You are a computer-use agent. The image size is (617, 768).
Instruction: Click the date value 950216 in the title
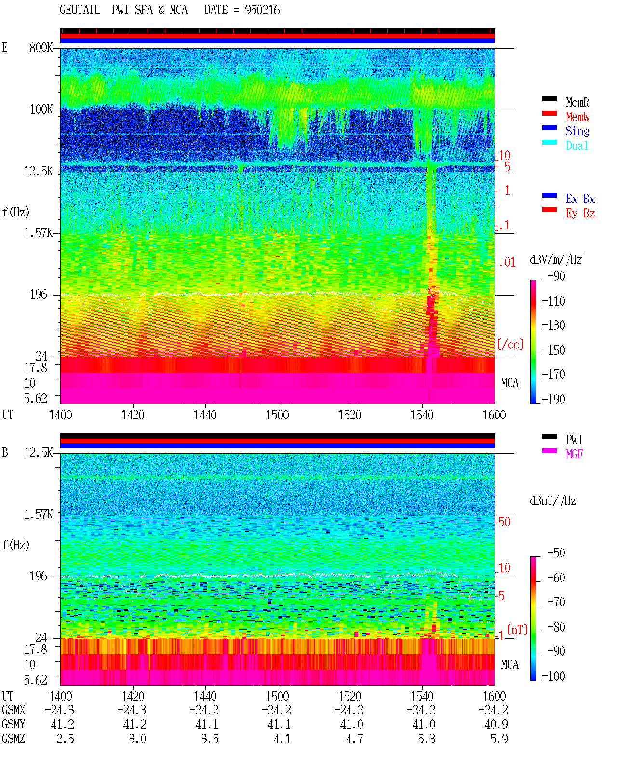pyautogui.click(x=262, y=10)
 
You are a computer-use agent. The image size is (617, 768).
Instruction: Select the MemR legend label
pyautogui.click(x=577, y=102)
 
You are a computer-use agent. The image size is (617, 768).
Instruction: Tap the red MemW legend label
pyautogui.click(x=577, y=117)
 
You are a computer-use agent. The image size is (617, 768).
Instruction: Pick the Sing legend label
pyautogui.click(x=577, y=131)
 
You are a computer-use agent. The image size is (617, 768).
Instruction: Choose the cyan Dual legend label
pyautogui.click(x=577, y=146)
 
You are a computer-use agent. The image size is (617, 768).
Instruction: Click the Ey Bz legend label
pyautogui.click(x=580, y=214)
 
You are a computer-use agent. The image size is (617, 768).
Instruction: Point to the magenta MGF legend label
pyautogui.click(x=575, y=454)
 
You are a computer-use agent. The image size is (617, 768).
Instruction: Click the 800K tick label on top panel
pyautogui.click(x=41, y=47)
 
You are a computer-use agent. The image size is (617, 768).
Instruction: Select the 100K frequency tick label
pyautogui.click(x=41, y=109)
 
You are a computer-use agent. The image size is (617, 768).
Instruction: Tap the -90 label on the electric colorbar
pyautogui.click(x=556, y=276)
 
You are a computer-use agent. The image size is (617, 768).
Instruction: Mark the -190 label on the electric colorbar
pyautogui.click(x=553, y=399)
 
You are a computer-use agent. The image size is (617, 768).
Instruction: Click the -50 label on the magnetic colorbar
pyautogui.click(x=556, y=553)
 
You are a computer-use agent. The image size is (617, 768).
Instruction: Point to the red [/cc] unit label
pyautogui.click(x=510, y=344)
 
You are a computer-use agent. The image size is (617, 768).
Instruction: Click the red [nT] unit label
pyautogui.click(x=517, y=630)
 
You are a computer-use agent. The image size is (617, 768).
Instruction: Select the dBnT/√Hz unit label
pyautogui.click(x=553, y=500)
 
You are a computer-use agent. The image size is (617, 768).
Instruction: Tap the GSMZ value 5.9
pyautogui.click(x=499, y=739)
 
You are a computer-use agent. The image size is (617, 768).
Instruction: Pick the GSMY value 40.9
pyautogui.click(x=496, y=724)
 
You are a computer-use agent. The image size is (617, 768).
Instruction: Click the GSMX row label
pyautogui.click(x=13, y=710)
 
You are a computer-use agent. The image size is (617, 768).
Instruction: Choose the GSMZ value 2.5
pyautogui.click(x=65, y=739)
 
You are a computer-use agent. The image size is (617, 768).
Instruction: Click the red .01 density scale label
pyautogui.click(x=507, y=263)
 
